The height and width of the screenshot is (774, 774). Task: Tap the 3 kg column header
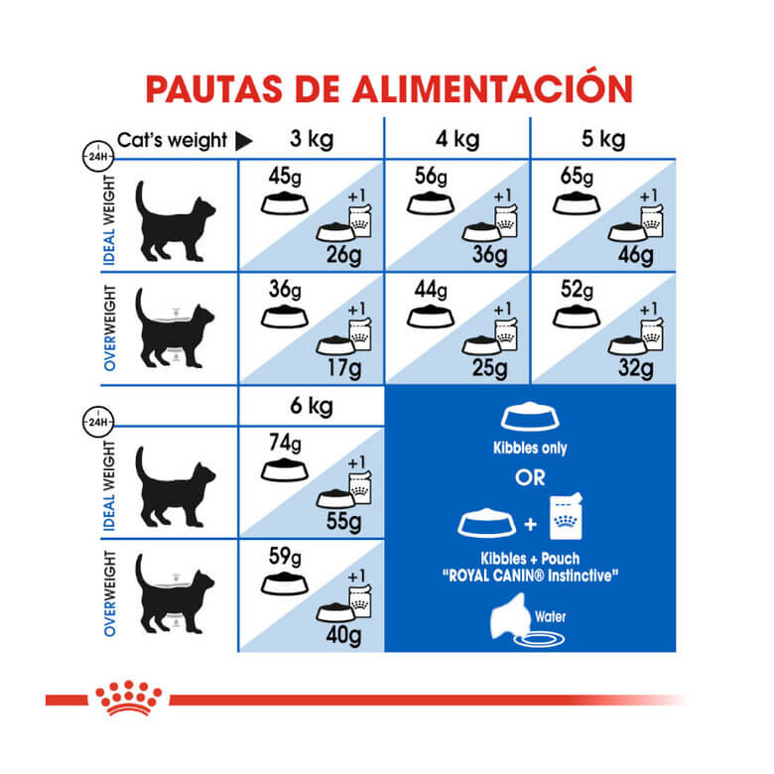pos(311,139)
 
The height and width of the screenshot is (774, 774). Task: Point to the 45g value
pos(285,178)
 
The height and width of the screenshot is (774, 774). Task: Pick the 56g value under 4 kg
pos(431,178)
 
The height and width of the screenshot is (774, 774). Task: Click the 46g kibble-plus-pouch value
pos(634,256)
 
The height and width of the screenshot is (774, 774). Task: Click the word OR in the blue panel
pos(531,478)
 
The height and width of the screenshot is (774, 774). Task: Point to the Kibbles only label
pos(531,449)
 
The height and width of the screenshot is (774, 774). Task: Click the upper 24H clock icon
pos(98,157)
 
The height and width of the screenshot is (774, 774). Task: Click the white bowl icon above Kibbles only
pos(532,418)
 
